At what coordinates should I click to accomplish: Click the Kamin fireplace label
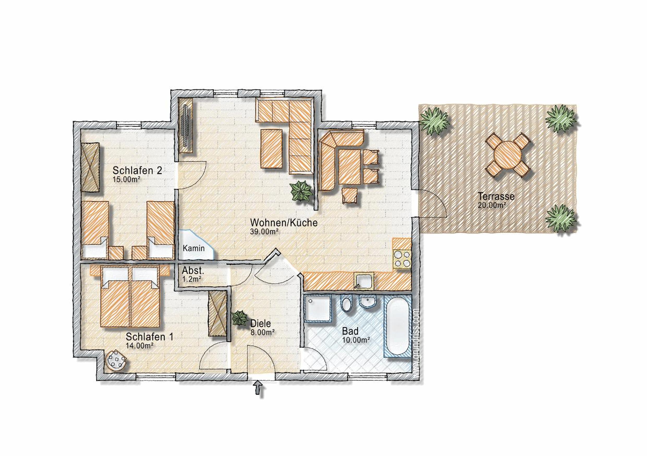coord(194,248)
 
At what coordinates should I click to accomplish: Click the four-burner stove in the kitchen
coord(402,259)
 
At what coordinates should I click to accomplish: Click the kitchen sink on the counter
coord(364,281)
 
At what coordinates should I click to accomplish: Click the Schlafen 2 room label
coord(137,171)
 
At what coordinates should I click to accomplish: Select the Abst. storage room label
coord(193,271)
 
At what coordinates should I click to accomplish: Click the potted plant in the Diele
coord(240,318)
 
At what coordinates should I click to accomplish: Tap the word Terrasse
coord(496,196)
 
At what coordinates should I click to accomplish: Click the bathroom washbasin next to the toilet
coord(368,302)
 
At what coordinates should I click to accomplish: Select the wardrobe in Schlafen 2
coord(90,167)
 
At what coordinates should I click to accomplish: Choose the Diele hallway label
coord(260,323)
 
